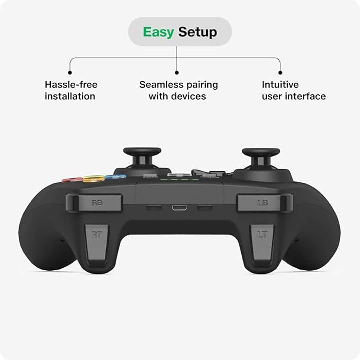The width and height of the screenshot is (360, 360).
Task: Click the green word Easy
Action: tap(158, 32)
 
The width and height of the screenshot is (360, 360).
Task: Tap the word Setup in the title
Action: tap(197, 32)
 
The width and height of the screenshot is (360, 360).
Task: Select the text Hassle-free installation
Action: tap(71, 90)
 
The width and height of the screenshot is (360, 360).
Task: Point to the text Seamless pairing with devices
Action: tap(178, 90)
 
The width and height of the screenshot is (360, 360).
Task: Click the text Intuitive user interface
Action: tap(294, 90)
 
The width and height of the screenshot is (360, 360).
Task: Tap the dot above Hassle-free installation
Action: tap(70, 73)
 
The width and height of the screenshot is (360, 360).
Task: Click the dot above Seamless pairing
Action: tap(177, 73)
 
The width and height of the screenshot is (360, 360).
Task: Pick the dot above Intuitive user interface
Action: tap(280, 73)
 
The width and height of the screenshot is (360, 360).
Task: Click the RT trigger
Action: tap(97, 243)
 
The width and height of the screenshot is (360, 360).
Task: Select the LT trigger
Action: tap(262, 243)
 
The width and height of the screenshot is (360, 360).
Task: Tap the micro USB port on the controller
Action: tap(179, 208)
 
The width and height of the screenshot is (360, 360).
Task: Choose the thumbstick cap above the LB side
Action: tap(261, 152)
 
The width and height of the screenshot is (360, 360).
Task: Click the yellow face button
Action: tap(93, 179)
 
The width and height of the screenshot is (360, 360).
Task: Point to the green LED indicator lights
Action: tap(179, 180)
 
